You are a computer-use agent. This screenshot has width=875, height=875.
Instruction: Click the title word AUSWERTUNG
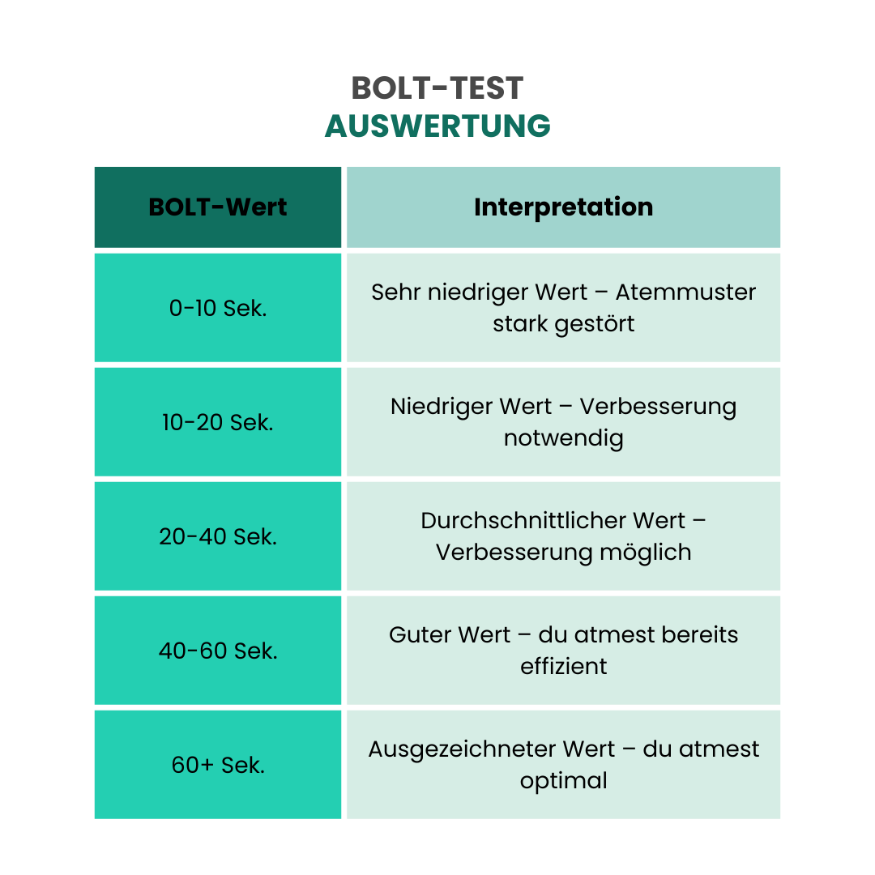coord(437,126)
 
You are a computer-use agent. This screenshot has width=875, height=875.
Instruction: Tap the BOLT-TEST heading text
coord(437,88)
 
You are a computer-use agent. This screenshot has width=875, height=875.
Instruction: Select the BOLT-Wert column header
coord(218,207)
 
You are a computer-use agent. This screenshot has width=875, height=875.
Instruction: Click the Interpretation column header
coord(564,207)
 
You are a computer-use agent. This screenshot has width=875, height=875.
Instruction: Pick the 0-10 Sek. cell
coord(218,308)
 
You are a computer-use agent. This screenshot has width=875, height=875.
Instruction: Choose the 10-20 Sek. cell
coord(218,422)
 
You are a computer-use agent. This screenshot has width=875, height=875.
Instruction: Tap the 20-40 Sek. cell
coord(218,536)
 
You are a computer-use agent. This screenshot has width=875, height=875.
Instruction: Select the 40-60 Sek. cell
coord(218,651)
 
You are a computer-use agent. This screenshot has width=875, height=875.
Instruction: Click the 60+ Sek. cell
coord(218,765)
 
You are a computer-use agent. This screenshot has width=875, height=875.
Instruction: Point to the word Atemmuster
coord(685,292)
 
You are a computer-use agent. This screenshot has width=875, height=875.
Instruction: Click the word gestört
coord(595,324)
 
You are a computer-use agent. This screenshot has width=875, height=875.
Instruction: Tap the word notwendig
coord(564,438)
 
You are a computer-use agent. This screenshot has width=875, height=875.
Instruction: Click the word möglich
coord(646,553)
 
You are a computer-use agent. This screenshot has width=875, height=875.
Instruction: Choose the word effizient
coord(564,666)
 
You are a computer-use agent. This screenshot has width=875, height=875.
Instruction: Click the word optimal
coord(564,781)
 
